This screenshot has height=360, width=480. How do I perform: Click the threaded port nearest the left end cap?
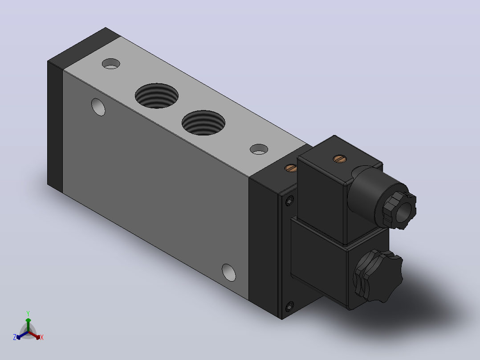pos(157,96)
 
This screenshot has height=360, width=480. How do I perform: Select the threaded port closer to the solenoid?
pos(203,123)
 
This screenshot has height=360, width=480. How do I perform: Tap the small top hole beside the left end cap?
pos(111,64)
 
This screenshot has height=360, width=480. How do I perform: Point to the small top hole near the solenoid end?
pos(259,149)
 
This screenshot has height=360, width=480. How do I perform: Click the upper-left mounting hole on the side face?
pos(98,107)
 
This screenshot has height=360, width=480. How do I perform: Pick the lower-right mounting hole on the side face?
pos(229,272)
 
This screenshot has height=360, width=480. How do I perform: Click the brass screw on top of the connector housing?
pos(339,159)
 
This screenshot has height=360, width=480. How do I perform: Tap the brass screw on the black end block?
pos(291,168)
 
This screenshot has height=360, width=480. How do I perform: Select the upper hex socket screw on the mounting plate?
pos(289,200)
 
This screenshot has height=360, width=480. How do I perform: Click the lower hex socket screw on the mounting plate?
pos(289,306)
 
